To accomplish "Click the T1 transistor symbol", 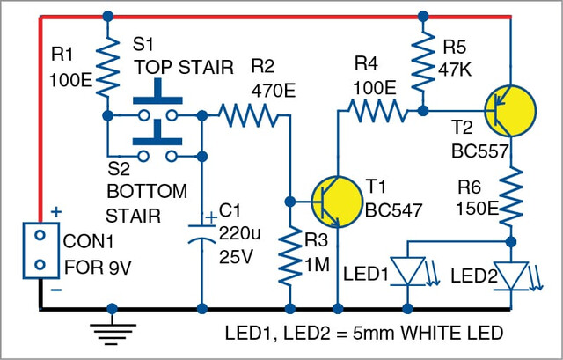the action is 337,202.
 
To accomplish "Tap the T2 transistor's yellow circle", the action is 510,111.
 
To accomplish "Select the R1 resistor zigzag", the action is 107,67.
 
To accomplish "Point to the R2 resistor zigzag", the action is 248,115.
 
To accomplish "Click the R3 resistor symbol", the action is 290,256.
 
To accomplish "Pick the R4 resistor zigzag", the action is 378,111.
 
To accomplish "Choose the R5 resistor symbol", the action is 423,61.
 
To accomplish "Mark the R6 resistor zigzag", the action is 510,196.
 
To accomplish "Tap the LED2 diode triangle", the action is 510,276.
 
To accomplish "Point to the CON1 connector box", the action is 41,251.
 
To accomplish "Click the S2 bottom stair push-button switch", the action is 157,142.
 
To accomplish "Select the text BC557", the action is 480,151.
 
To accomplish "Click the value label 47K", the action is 455,70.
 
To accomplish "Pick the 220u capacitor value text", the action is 239,234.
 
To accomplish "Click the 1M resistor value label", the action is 317,265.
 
